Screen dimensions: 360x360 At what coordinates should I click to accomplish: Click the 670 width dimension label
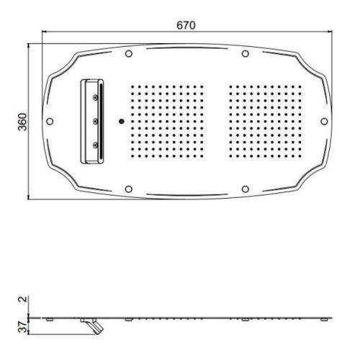point(186,25)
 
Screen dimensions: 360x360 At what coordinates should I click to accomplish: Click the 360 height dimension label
point(23,122)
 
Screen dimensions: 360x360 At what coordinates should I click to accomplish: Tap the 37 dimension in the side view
point(23,327)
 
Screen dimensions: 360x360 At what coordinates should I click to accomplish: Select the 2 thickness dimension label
point(23,299)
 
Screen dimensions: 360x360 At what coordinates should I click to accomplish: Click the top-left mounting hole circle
point(129,54)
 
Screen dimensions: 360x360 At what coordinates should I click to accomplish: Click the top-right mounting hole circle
point(245,54)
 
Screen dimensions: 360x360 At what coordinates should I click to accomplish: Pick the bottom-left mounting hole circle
point(129,189)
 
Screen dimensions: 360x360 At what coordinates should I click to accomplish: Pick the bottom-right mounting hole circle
point(245,189)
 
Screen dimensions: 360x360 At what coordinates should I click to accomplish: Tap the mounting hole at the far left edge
point(50,122)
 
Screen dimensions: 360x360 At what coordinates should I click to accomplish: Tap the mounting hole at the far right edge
point(324,122)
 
